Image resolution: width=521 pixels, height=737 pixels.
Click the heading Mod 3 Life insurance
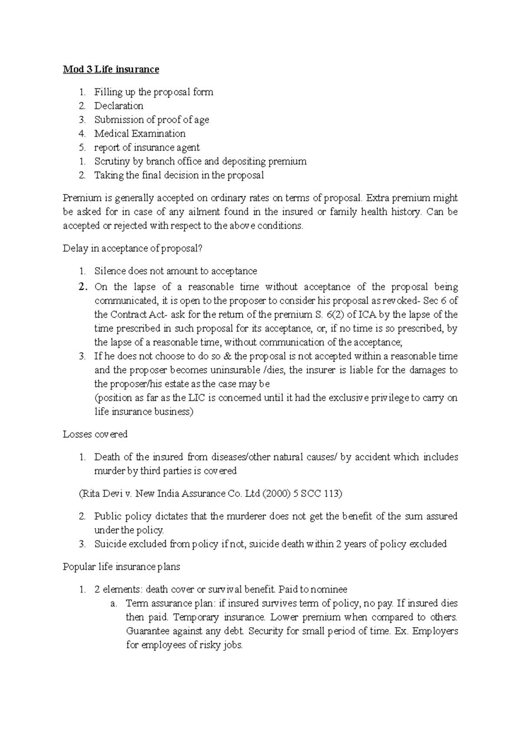pyautogui.click(x=111, y=69)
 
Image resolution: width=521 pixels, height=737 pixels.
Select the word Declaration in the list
pyautogui.click(x=119, y=106)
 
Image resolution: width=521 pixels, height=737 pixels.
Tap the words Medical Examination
pyautogui.click(x=140, y=134)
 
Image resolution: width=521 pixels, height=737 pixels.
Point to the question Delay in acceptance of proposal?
pyautogui.click(x=133, y=249)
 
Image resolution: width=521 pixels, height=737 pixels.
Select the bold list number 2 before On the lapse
pyautogui.click(x=82, y=287)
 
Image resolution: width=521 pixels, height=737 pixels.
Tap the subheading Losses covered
pyautogui.click(x=95, y=434)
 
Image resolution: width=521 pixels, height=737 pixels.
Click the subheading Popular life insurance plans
pyautogui.click(x=121, y=567)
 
